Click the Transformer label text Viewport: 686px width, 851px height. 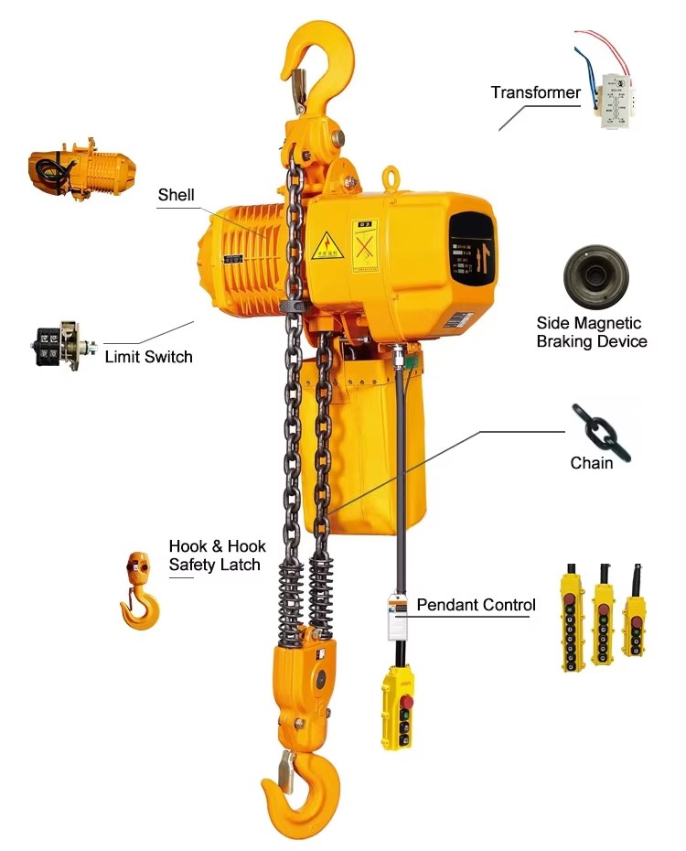pyautogui.click(x=535, y=92)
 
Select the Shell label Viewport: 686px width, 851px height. pyautogui.click(x=176, y=194)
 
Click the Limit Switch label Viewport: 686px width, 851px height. pyautogui.click(x=148, y=356)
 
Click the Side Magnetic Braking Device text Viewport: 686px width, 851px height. pyautogui.click(x=591, y=332)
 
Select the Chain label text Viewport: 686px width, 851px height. pyautogui.click(x=591, y=463)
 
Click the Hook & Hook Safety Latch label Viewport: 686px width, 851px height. pyautogui.click(x=217, y=555)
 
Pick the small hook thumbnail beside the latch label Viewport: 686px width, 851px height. pyautogui.click(x=140, y=589)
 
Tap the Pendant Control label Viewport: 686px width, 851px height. pyautogui.click(x=476, y=605)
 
